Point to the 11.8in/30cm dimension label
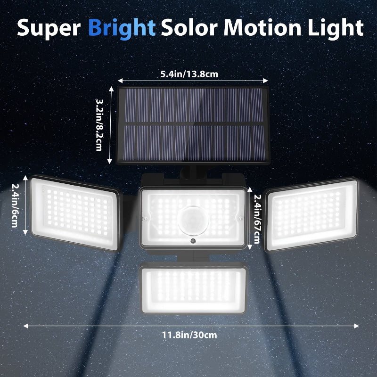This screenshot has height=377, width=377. coord(189,335)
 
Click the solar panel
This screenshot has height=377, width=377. coord(192,125)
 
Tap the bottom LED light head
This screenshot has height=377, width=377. coord(193,288)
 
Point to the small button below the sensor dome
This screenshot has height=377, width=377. coord(193,241)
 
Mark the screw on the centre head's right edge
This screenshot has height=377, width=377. coord(241,218)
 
